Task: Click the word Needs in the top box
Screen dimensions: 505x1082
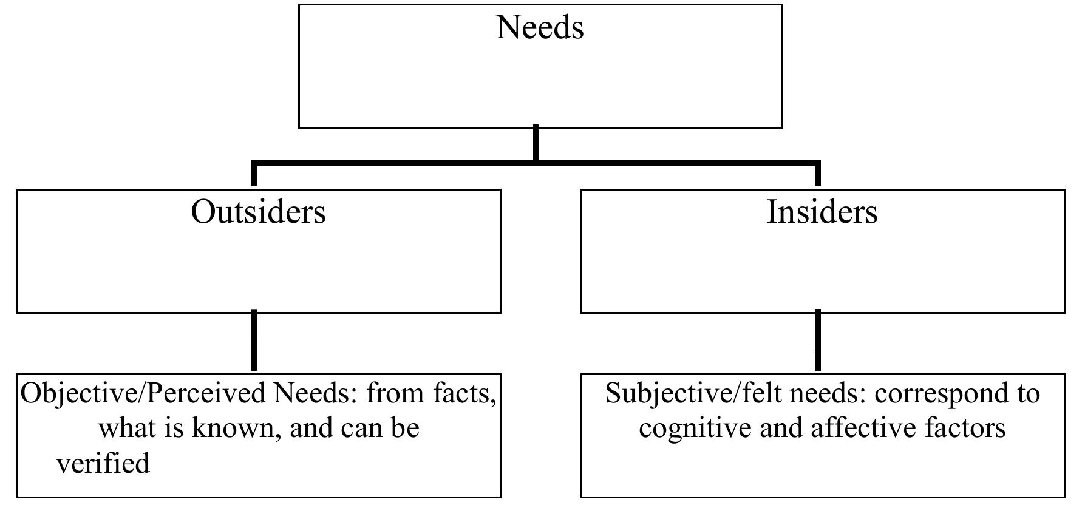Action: pos(540,27)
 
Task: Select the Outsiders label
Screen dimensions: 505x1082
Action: pos(258,212)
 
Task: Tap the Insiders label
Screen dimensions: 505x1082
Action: pos(822,212)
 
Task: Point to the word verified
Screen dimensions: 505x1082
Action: pos(103,464)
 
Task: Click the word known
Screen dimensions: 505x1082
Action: pos(236,429)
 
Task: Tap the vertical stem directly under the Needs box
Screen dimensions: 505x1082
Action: pos(536,144)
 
